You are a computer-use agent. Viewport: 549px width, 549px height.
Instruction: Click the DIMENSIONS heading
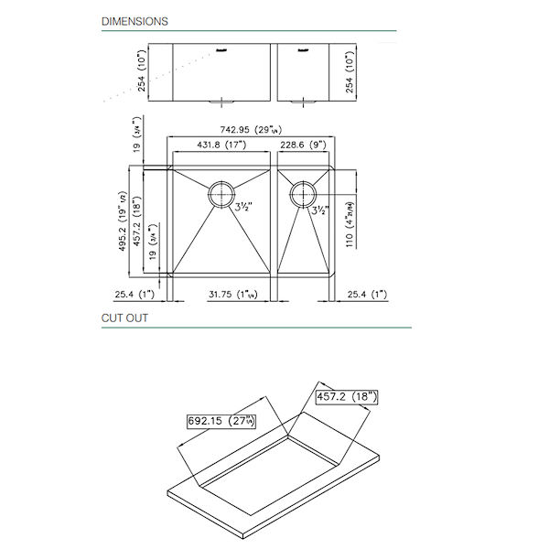(134, 20)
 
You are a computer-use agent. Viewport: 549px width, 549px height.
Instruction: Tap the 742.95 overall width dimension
(252, 131)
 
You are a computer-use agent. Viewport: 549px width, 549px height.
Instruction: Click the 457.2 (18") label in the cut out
(348, 397)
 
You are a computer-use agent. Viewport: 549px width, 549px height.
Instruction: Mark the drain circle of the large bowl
(221, 194)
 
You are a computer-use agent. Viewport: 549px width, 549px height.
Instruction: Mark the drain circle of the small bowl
(303, 193)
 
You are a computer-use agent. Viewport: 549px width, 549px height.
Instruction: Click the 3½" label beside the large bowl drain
(244, 209)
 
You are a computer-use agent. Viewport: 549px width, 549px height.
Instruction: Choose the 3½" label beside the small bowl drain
(319, 210)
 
